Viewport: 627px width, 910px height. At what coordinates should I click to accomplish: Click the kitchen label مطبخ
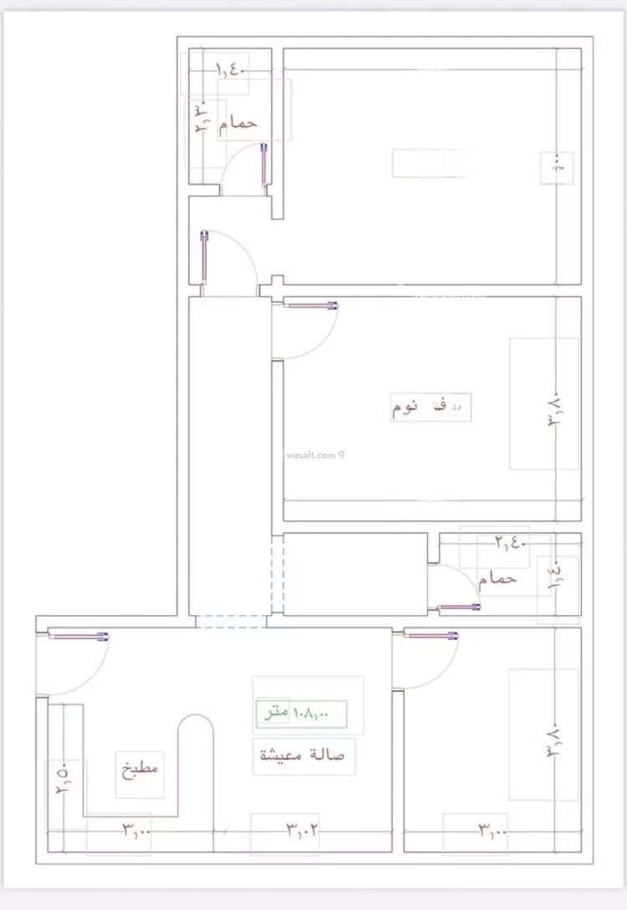140,770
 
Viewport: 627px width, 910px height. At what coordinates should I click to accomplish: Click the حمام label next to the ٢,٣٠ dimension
237,123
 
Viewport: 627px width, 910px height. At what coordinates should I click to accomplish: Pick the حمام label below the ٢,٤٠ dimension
497,578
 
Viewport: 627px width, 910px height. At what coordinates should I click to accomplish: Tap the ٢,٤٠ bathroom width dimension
509,542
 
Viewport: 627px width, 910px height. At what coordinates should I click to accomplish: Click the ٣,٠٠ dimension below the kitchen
136,831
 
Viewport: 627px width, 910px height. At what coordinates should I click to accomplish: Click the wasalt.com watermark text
314,455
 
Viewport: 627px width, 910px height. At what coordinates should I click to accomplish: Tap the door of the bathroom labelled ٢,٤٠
459,607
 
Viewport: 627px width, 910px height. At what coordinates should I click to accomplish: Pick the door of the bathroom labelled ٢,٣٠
264,163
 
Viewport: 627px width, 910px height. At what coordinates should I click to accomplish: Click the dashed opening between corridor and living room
231,621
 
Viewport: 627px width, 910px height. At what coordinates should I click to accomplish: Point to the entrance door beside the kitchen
79,637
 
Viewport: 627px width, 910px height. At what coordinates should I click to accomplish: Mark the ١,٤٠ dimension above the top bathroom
230,70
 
